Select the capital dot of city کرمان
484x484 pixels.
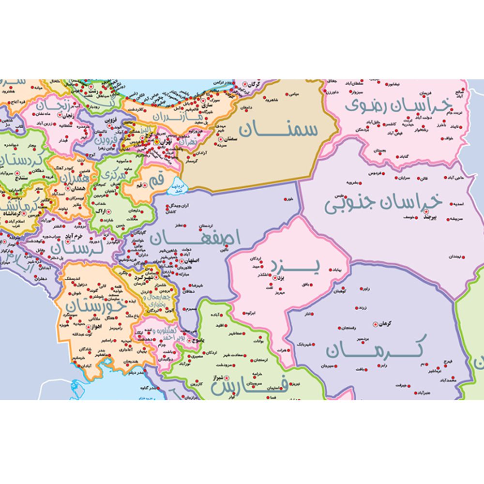pos(376,324)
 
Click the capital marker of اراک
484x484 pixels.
pos(107,211)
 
